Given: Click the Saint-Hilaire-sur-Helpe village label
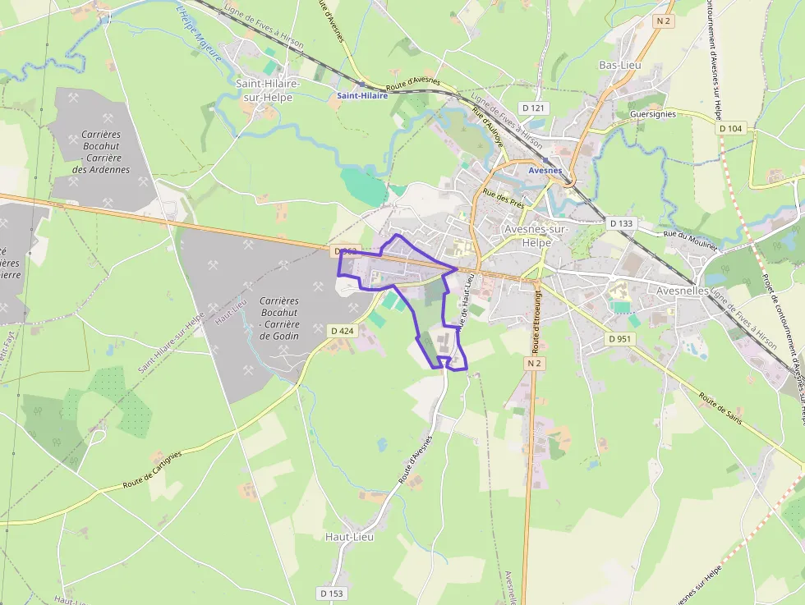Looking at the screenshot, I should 268,90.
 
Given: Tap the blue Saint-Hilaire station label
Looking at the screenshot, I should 362,96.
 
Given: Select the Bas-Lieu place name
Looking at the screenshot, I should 619,65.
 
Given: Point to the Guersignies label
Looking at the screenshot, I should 652,114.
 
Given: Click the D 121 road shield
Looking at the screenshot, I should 534,108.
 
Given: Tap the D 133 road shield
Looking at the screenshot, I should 623,223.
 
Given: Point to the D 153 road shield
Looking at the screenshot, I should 332,593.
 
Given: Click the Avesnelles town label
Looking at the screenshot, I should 683,291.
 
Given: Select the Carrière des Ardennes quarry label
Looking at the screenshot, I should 101,152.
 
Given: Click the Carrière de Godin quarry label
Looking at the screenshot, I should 278,319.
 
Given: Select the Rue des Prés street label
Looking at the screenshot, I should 504,199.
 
